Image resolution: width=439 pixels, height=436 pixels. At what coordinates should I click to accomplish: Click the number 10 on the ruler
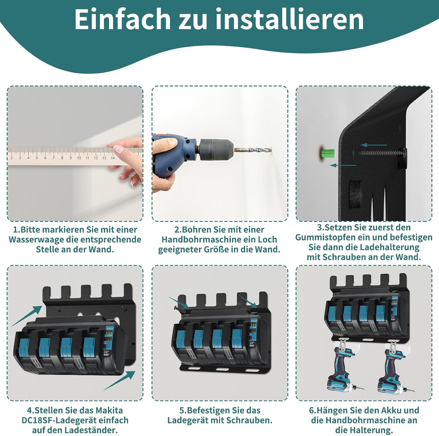(79, 158)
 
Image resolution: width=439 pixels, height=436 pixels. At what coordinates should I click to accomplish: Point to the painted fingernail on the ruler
(119, 149)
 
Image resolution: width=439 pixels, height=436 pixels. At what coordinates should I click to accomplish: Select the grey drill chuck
(217, 150)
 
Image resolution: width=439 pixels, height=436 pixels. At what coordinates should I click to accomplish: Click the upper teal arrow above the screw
(374, 145)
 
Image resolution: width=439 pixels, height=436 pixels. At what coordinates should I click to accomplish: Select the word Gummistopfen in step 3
(326, 237)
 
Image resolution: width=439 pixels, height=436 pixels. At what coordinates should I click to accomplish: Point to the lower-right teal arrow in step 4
(119, 380)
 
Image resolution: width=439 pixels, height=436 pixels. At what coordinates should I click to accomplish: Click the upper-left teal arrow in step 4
(27, 316)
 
